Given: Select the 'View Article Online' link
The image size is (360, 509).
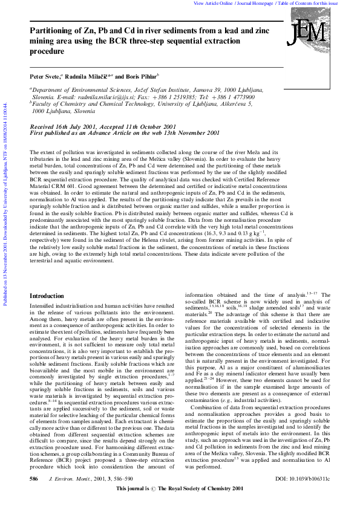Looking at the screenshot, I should point(213,3).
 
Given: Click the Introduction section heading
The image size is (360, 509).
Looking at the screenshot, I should point(47,296).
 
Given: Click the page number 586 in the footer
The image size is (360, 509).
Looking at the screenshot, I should point(34,495).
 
